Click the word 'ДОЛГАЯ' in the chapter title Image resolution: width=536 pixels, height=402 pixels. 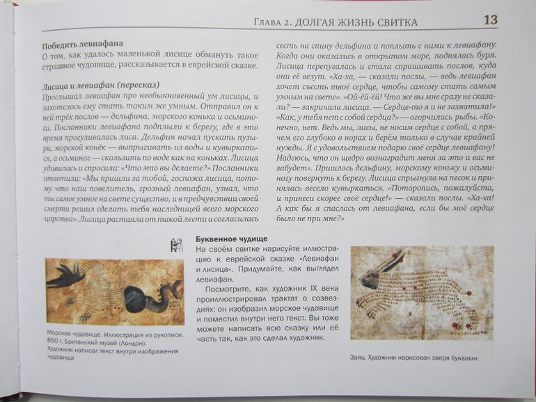coord(314,23)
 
